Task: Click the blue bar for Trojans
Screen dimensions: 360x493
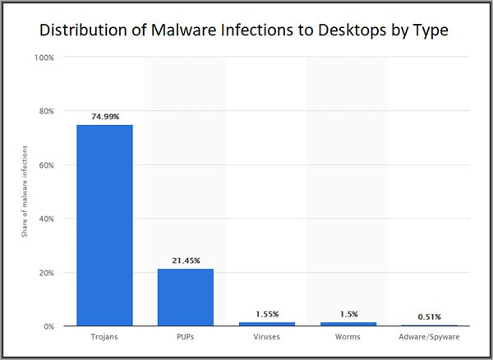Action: point(104,225)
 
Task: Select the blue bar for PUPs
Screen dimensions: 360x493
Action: point(186,298)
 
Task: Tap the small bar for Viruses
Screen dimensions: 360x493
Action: point(266,324)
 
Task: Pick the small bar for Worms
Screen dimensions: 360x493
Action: point(348,324)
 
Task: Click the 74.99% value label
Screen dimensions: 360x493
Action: point(104,118)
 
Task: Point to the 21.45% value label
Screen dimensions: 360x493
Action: point(186,261)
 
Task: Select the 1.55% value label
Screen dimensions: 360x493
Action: point(266,314)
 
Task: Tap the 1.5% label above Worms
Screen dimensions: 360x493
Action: point(348,314)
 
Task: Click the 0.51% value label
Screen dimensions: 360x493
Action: point(429,316)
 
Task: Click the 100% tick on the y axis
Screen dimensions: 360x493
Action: point(44,58)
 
